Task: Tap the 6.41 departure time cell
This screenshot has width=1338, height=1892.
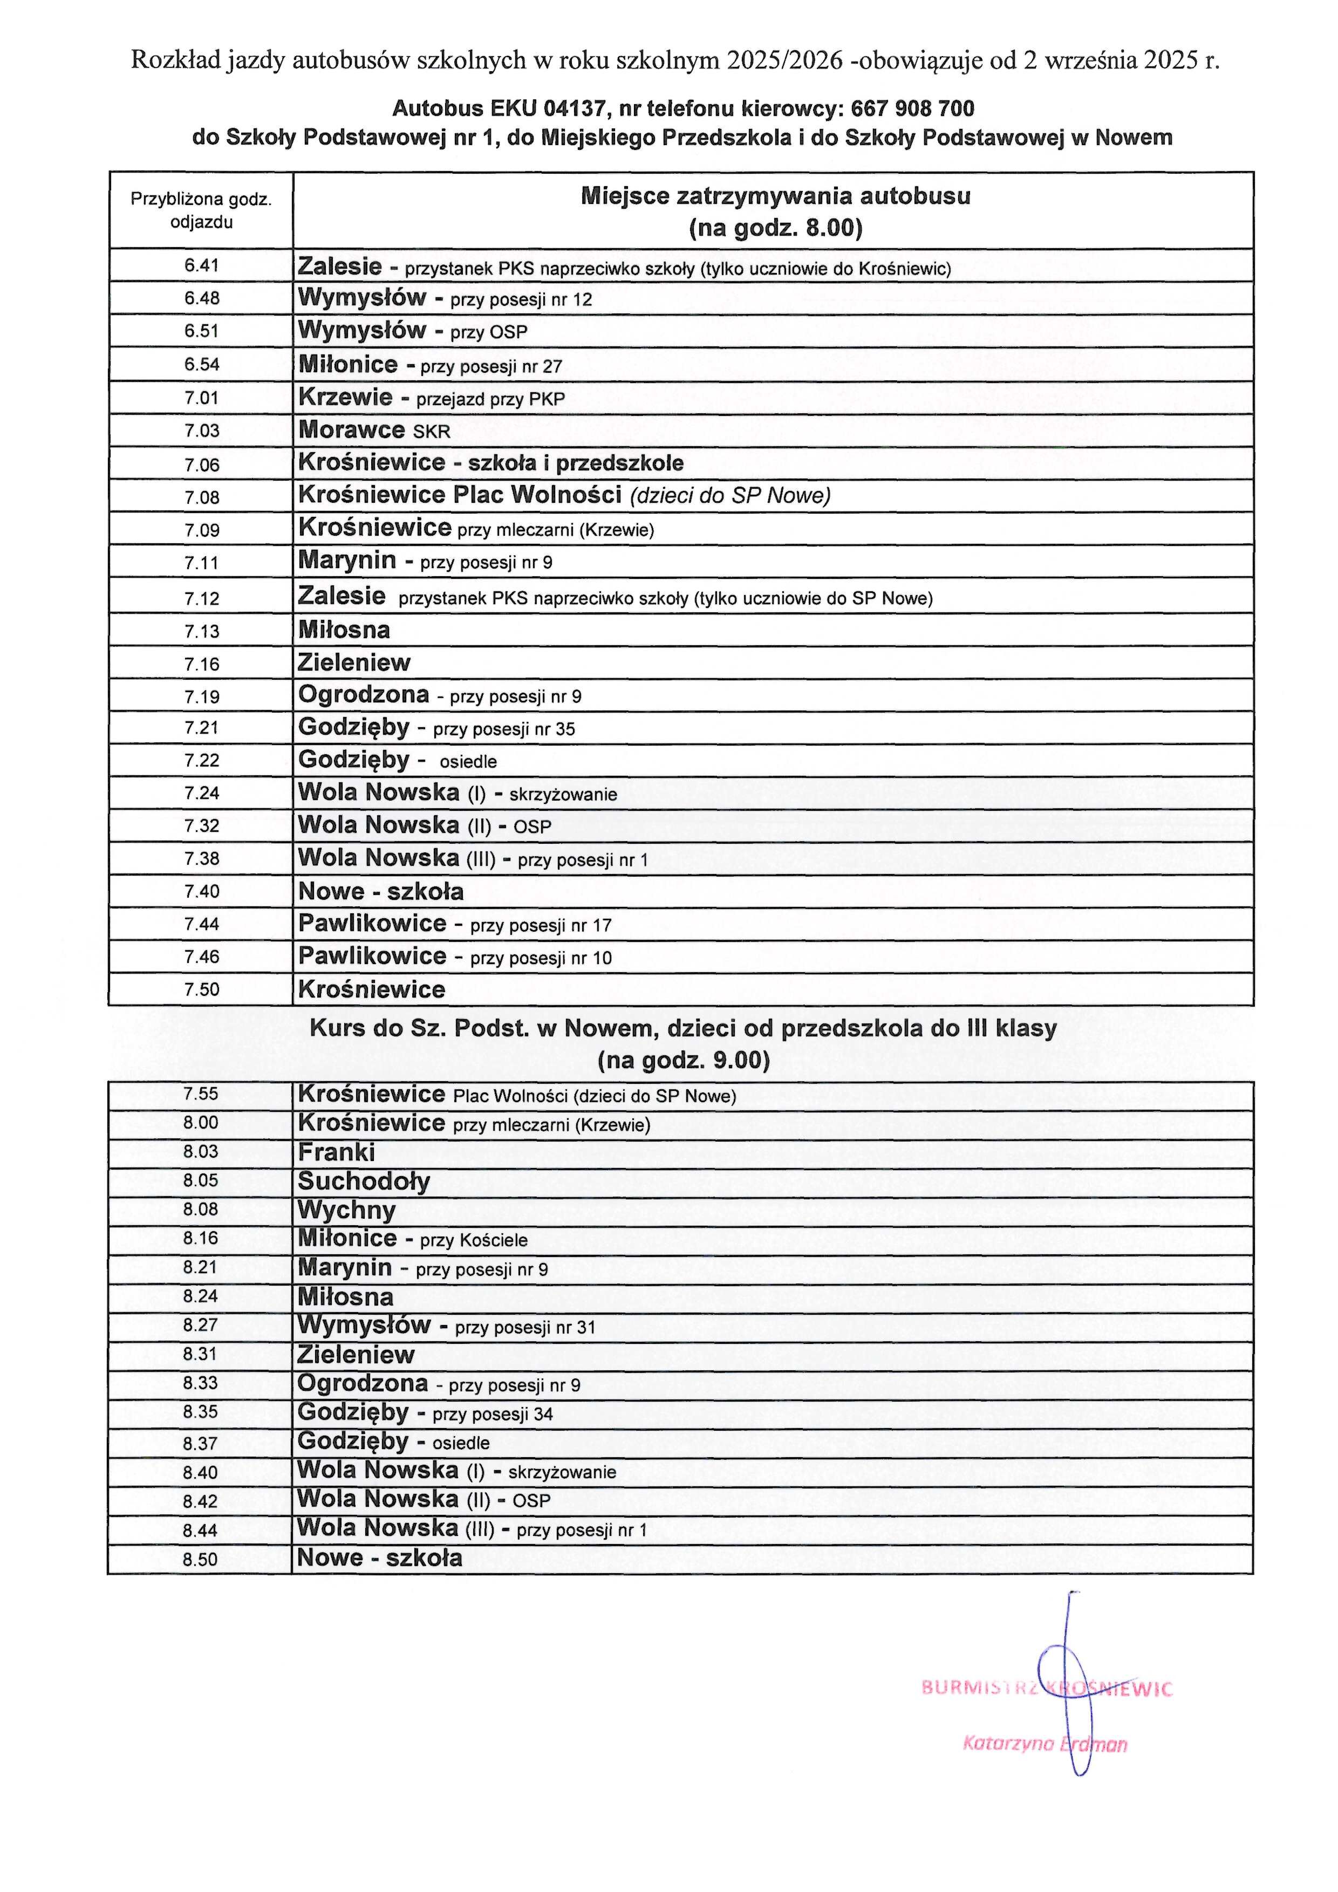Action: (202, 265)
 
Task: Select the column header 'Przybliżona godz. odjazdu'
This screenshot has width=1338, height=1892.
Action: (202, 210)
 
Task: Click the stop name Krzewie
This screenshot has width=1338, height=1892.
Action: (345, 397)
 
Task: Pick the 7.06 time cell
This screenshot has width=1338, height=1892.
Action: (202, 465)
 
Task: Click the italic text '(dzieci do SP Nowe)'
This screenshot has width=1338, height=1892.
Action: (730, 495)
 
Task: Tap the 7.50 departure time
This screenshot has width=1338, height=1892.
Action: (202, 989)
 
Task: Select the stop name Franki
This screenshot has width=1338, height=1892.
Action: (336, 1152)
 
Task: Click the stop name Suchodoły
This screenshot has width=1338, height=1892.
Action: (364, 1181)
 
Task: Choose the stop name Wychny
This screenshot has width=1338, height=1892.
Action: (347, 1210)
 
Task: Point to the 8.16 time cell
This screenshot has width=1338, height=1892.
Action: (200, 1238)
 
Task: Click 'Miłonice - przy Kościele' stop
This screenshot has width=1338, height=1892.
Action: (412, 1239)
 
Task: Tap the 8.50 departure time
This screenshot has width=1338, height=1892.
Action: (200, 1559)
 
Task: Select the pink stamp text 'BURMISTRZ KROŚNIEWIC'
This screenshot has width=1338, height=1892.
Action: (1046, 1689)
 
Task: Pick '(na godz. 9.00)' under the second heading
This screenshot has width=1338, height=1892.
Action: (683, 1060)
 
